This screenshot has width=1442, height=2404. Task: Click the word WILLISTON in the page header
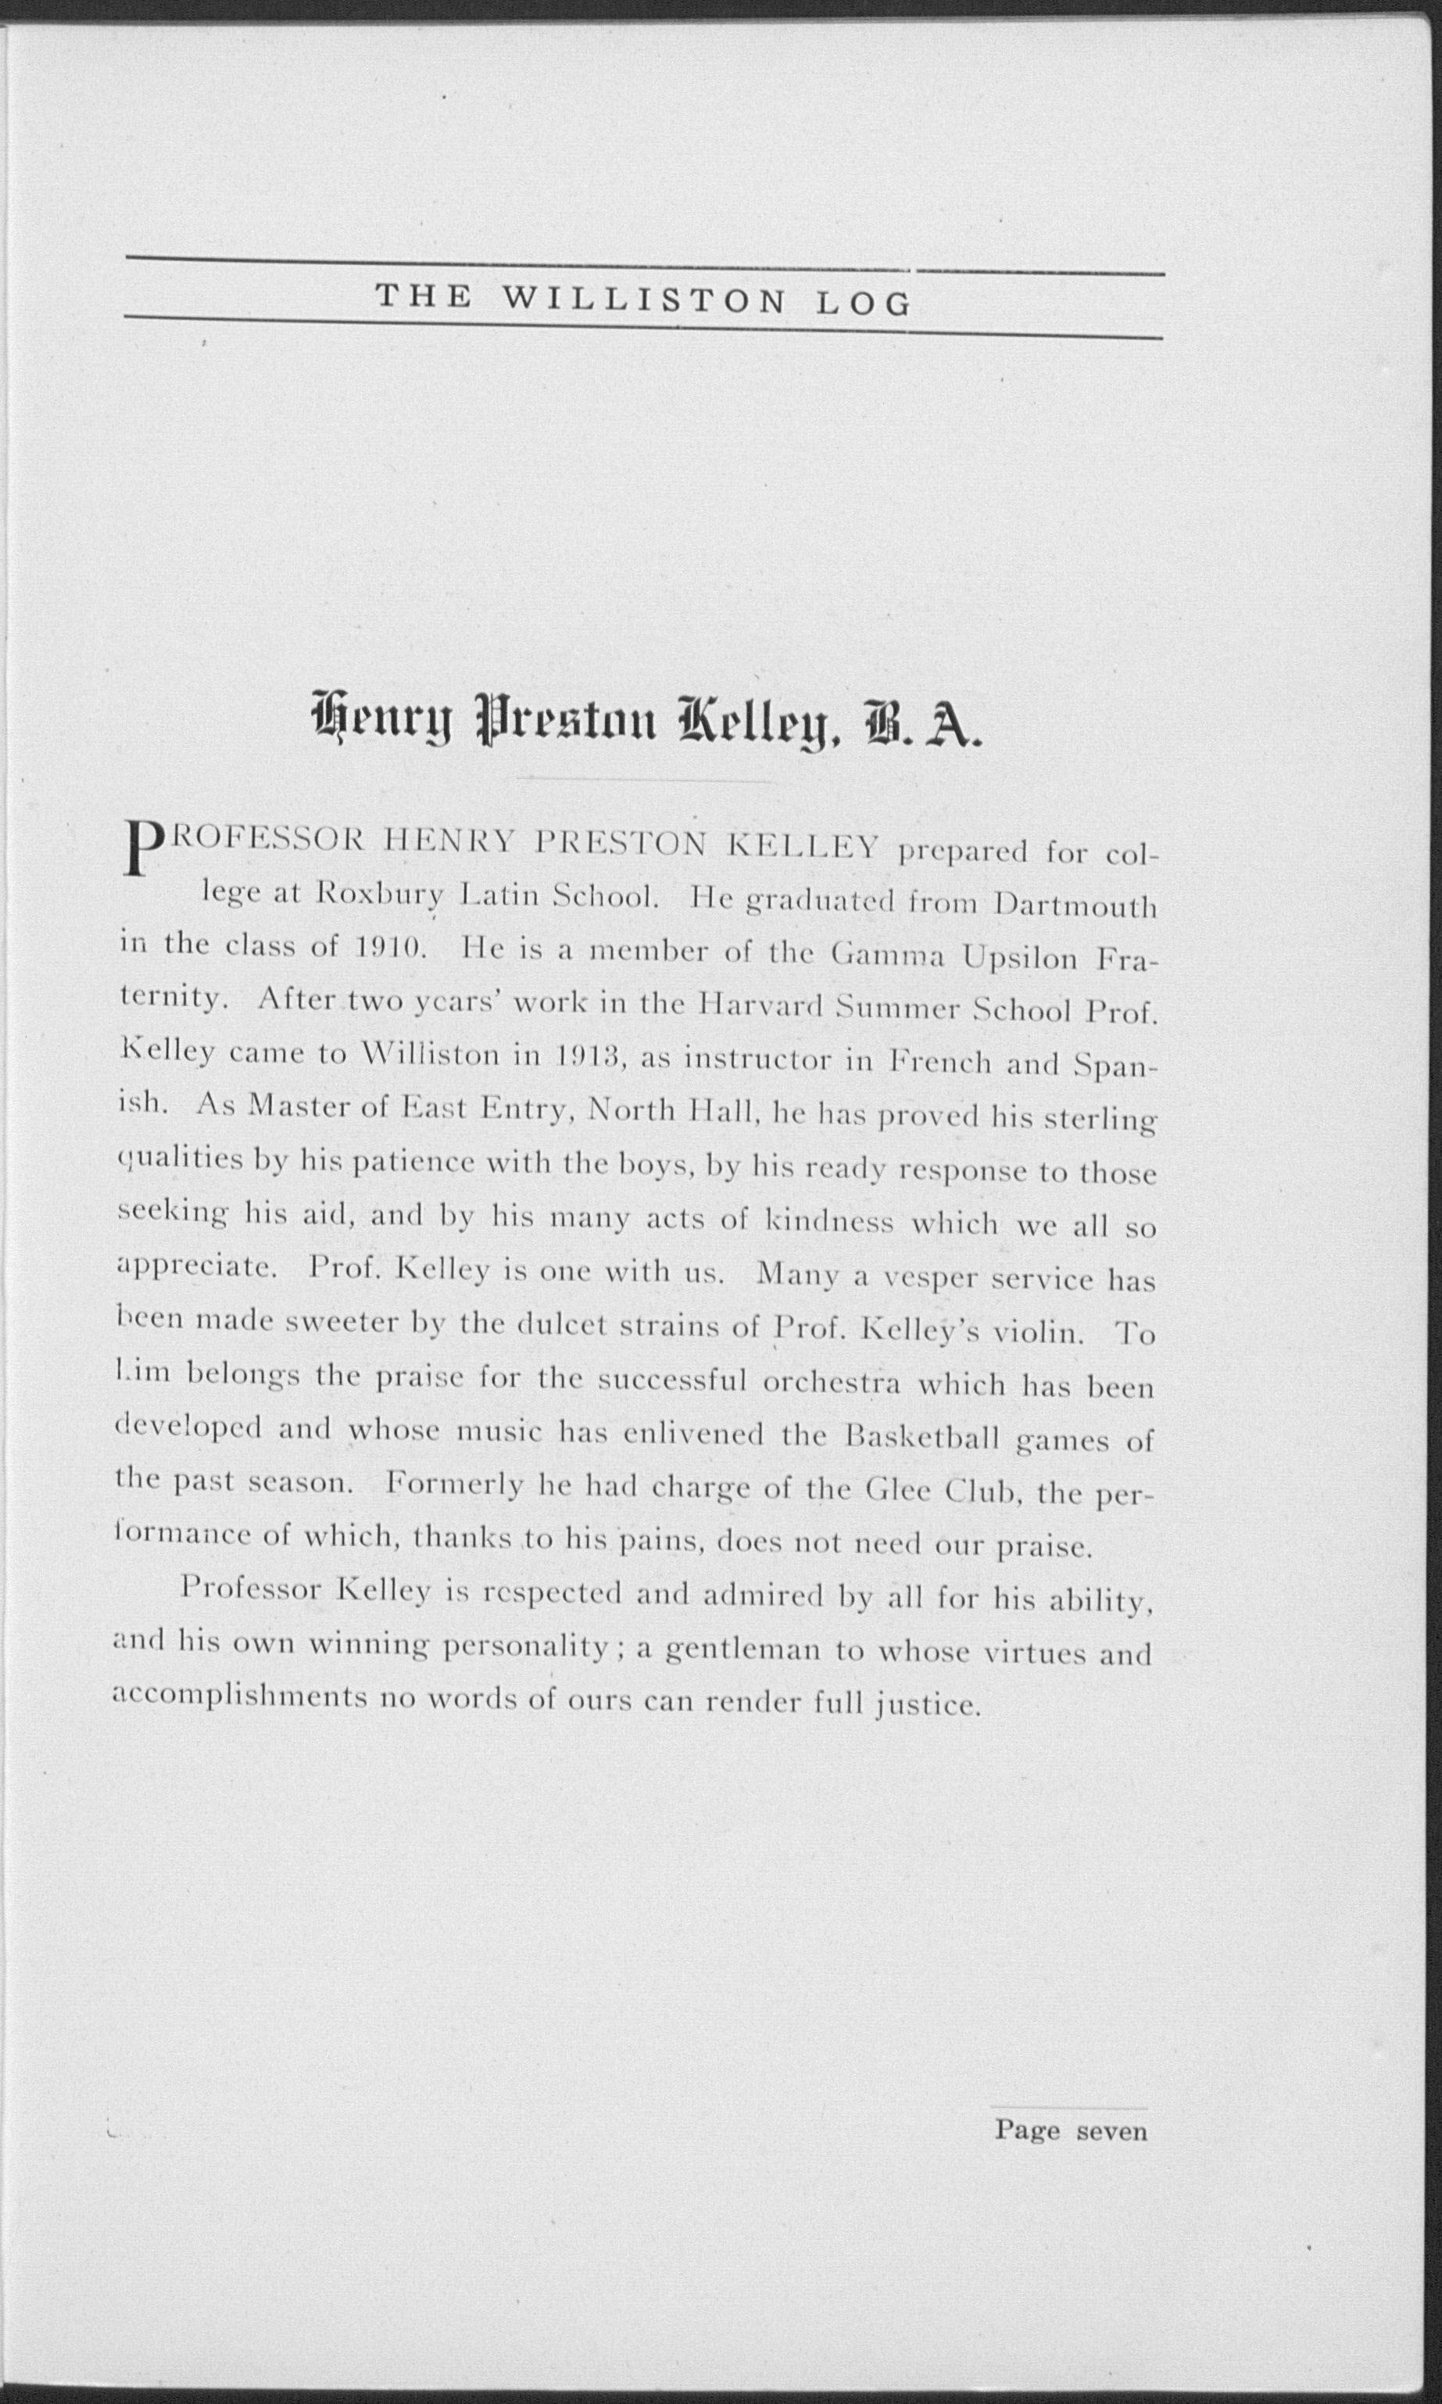pyautogui.click(x=643, y=300)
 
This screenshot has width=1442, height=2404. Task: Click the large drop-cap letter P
pyautogui.click(x=143, y=847)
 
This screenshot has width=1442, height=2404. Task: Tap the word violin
pyautogui.click(x=1037, y=1332)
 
